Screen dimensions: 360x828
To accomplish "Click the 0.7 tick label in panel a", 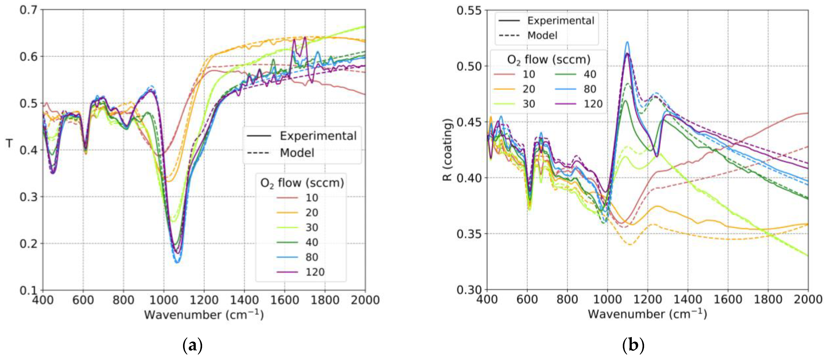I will coord(28,10).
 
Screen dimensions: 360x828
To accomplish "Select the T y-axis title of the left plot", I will coord(10,143).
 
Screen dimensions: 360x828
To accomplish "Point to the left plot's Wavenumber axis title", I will coord(204,315).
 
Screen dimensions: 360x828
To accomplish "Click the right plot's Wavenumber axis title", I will coord(647,314).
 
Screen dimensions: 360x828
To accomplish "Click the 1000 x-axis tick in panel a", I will coord(164,300).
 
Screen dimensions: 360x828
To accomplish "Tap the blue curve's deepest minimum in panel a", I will coord(177,262).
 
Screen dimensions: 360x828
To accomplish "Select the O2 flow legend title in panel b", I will coord(549,59).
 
